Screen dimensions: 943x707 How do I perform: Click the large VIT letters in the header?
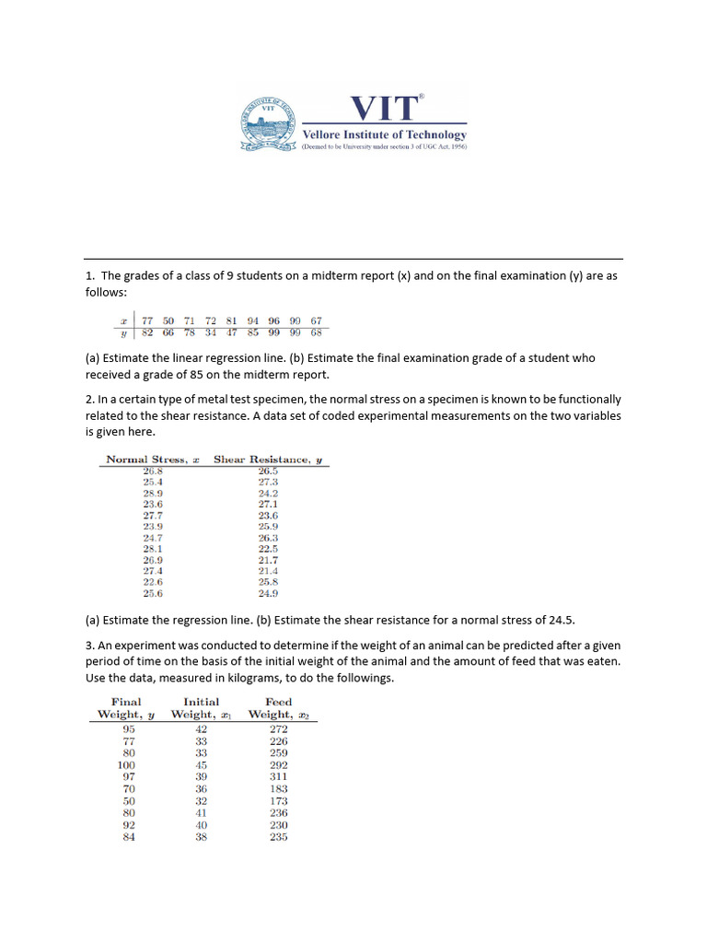tap(384, 109)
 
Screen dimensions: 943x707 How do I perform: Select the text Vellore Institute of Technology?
tap(385, 134)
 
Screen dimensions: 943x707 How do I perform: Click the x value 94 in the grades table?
tap(252, 320)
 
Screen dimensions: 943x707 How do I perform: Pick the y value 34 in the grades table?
tap(211, 332)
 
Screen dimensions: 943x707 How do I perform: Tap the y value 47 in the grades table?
tap(232, 332)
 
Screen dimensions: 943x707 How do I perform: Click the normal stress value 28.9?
tap(153, 493)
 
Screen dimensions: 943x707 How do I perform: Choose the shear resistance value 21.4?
tap(268, 571)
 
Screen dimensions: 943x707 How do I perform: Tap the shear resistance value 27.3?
tap(268, 482)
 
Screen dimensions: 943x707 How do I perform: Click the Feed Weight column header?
tap(279, 708)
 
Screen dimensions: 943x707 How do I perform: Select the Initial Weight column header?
tap(202, 708)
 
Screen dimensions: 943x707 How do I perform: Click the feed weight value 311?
tap(278, 777)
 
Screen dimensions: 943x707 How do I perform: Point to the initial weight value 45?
tap(202, 765)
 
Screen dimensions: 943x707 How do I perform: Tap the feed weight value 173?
tap(278, 801)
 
